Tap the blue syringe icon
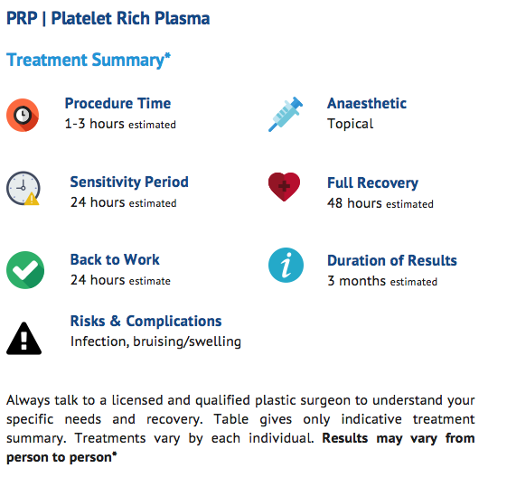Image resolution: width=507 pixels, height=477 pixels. click(286, 114)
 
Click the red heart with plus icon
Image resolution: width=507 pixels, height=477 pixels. click(285, 187)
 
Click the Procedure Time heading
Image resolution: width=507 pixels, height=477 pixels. click(117, 103)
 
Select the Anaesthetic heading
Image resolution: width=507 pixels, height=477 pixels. click(367, 104)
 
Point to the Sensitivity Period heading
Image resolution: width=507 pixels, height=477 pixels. click(129, 182)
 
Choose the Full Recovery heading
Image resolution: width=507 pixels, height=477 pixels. click(372, 183)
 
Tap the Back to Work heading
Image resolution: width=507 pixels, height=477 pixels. click(115, 259)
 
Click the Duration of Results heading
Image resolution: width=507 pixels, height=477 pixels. click(392, 261)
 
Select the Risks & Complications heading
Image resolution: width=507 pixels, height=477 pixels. click(146, 321)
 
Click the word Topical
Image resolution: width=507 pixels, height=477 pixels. click(350, 124)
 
